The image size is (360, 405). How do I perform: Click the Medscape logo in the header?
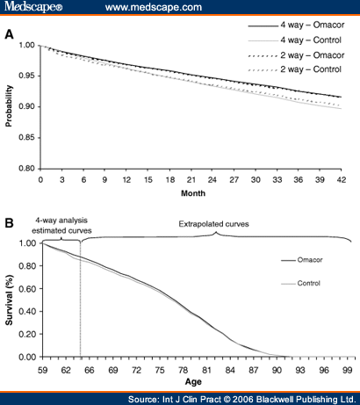(x=33, y=6)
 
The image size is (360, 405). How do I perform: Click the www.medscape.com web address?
(x=154, y=7)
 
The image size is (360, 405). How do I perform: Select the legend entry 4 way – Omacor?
(x=296, y=25)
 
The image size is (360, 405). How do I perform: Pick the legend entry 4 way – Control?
(x=295, y=40)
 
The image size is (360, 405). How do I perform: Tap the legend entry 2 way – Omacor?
(x=296, y=55)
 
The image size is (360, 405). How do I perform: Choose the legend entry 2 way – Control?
(x=295, y=69)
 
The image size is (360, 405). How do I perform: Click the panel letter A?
(x=9, y=34)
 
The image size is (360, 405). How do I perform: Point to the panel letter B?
(x=9, y=223)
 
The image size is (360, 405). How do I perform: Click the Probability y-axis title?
(x=9, y=105)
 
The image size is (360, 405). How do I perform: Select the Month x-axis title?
(x=193, y=193)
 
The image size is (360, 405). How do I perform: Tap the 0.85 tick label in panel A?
(x=26, y=137)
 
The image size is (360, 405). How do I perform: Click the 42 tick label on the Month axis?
(x=342, y=179)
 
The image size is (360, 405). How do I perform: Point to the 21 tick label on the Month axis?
(x=191, y=179)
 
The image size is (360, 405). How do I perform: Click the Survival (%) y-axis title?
(x=9, y=300)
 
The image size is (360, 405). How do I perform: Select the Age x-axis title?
(x=193, y=382)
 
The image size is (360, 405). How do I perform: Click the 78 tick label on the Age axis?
(x=183, y=371)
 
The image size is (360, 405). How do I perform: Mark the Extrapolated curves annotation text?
(x=213, y=224)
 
